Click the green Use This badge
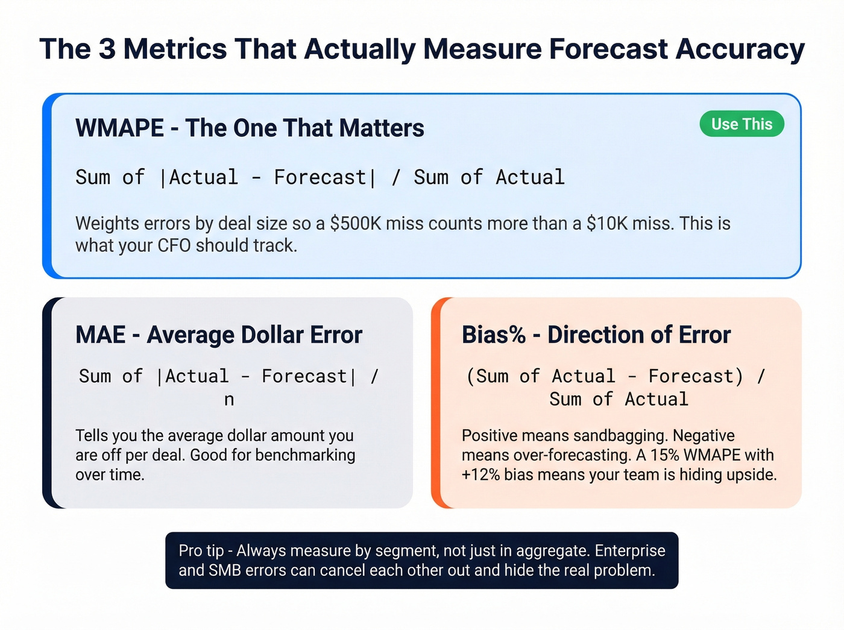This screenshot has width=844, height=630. tap(742, 124)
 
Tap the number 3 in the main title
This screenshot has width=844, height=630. tap(107, 49)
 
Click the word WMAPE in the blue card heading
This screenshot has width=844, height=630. tap(119, 128)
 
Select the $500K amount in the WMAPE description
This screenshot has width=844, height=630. tap(356, 224)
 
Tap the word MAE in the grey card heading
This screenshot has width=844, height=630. tap(100, 335)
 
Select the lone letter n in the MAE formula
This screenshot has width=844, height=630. tap(229, 400)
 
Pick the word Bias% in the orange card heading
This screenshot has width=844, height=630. tap(494, 335)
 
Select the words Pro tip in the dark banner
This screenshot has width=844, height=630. tap(201, 551)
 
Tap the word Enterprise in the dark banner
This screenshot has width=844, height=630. tap(630, 551)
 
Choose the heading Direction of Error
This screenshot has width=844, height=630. tap(639, 335)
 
